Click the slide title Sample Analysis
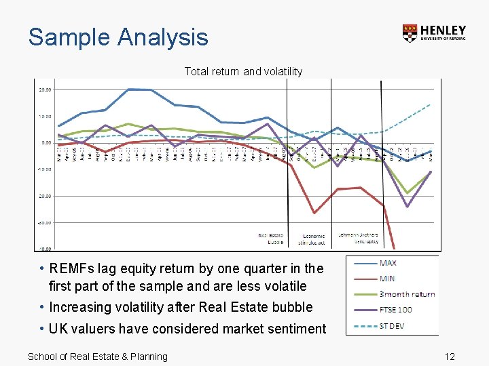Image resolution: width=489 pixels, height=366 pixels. [x=118, y=37]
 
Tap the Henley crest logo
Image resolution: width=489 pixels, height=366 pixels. [x=410, y=34]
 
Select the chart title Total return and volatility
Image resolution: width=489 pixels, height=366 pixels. [x=243, y=71]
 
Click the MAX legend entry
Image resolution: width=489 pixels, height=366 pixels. [x=388, y=263]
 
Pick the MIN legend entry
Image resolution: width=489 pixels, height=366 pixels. [x=387, y=279]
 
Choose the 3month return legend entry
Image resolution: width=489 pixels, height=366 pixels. [x=407, y=293]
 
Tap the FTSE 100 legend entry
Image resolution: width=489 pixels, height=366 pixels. [x=395, y=310]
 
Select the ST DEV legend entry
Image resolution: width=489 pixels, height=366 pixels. [x=393, y=325]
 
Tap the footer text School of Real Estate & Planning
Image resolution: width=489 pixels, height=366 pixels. [x=97, y=357]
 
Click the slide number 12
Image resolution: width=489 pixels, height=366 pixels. [x=449, y=357]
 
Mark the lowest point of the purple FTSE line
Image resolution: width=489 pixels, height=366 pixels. [x=407, y=207]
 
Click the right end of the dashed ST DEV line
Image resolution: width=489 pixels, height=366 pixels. [x=431, y=104]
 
